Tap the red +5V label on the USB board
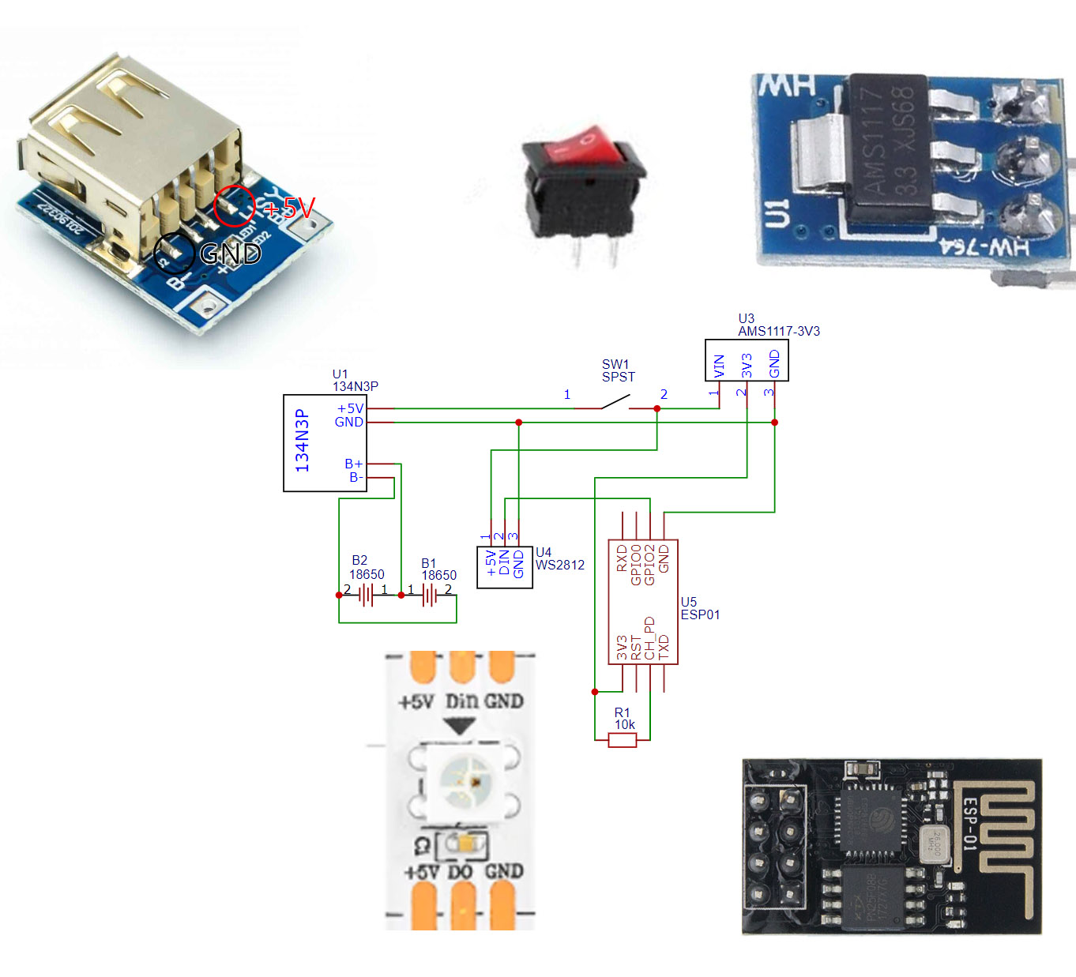289,208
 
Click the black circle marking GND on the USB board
174,254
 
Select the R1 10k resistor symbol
623,740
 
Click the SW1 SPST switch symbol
615,403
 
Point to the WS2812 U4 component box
505,567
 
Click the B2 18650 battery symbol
366,595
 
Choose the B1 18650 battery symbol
429,595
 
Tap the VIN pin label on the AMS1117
719,364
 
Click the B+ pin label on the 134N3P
353,464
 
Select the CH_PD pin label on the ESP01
649,638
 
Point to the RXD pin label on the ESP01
622,558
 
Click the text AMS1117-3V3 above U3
779,331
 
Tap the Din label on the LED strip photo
462,701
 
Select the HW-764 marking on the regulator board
985,247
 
